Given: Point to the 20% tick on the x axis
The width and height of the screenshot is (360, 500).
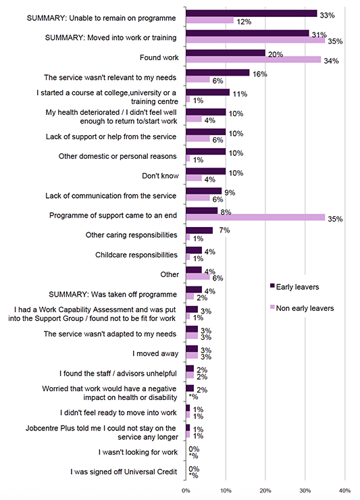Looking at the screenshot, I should pos(265,491).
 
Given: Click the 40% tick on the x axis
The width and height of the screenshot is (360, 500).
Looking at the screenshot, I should pos(344,491).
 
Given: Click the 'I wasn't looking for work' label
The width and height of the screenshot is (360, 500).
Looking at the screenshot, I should pos(138,451).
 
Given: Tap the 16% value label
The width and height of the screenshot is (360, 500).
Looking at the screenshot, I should pos(257,74).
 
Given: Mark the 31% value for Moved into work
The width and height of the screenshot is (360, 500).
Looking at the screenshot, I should pos(317,34).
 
